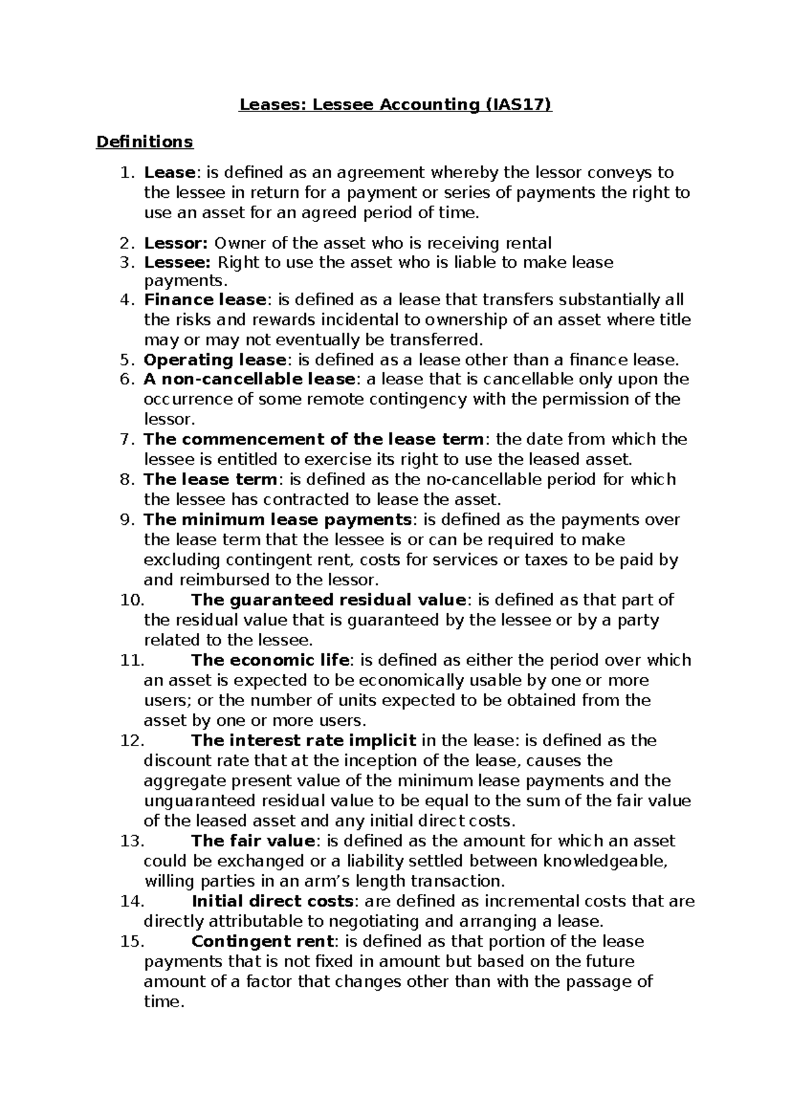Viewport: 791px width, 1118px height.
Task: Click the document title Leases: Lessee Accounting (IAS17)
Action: click(x=395, y=104)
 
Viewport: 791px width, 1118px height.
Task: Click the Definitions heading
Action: click(x=144, y=142)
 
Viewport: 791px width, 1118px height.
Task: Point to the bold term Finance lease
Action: click(x=204, y=300)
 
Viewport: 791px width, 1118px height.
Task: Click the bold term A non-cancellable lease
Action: click(x=249, y=380)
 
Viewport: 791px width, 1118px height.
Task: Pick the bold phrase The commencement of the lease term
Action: click(x=313, y=440)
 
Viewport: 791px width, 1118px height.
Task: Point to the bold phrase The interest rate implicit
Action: click(x=303, y=741)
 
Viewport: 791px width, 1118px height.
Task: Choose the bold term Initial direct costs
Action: click(x=272, y=901)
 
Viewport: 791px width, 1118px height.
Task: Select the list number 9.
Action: click(x=128, y=520)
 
